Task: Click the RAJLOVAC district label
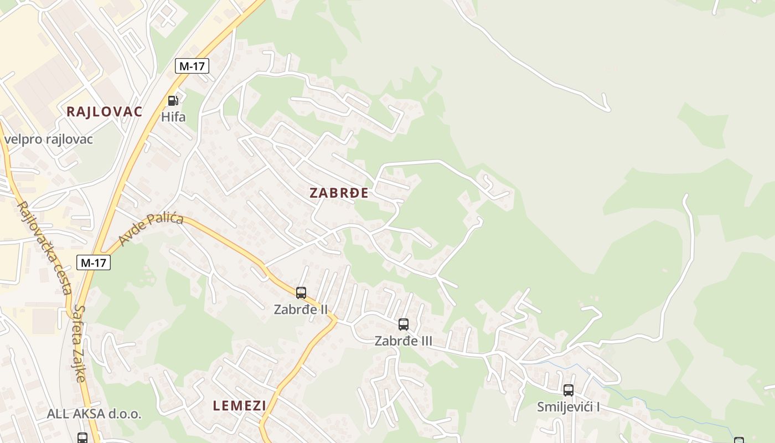(104, 111)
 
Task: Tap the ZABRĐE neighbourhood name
(339, 193)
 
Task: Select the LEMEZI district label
(239, 405)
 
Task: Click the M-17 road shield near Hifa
(192, 66)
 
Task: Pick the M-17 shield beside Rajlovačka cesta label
(94, 262)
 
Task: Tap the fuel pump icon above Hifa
(173, 101)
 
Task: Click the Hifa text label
(173, 117)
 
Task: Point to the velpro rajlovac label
(49, 139)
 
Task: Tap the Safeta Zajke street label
(80, 343)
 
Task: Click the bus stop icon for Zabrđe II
(301, 293)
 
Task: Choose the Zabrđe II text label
(301, 309)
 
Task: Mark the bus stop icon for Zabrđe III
(404, 324)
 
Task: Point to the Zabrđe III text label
(404, 341)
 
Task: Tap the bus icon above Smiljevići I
(569, 390)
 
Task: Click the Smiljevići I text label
(569, 407)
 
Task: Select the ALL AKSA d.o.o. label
(94, 414)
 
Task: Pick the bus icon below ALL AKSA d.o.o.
(82, 438)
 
